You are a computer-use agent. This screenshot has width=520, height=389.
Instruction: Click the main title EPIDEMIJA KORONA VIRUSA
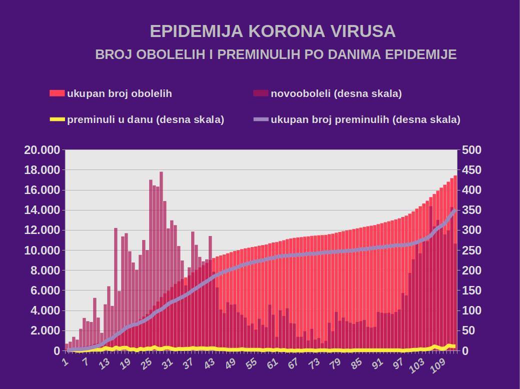273,31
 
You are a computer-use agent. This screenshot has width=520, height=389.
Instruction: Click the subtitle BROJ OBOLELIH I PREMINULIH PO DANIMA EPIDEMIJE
276,54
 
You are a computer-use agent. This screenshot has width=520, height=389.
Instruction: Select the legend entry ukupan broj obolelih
119,93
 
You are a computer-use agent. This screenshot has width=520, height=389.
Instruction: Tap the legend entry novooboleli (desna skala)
336,93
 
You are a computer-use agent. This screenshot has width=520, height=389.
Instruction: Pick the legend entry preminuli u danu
145,119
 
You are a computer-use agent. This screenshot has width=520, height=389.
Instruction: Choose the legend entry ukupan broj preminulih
365,119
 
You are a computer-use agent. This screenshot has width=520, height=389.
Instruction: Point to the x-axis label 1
64,361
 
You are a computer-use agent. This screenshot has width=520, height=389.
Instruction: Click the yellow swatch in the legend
58,119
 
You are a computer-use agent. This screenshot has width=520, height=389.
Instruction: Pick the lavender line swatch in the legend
261,119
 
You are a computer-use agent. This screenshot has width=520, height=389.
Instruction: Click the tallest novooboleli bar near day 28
161,250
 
